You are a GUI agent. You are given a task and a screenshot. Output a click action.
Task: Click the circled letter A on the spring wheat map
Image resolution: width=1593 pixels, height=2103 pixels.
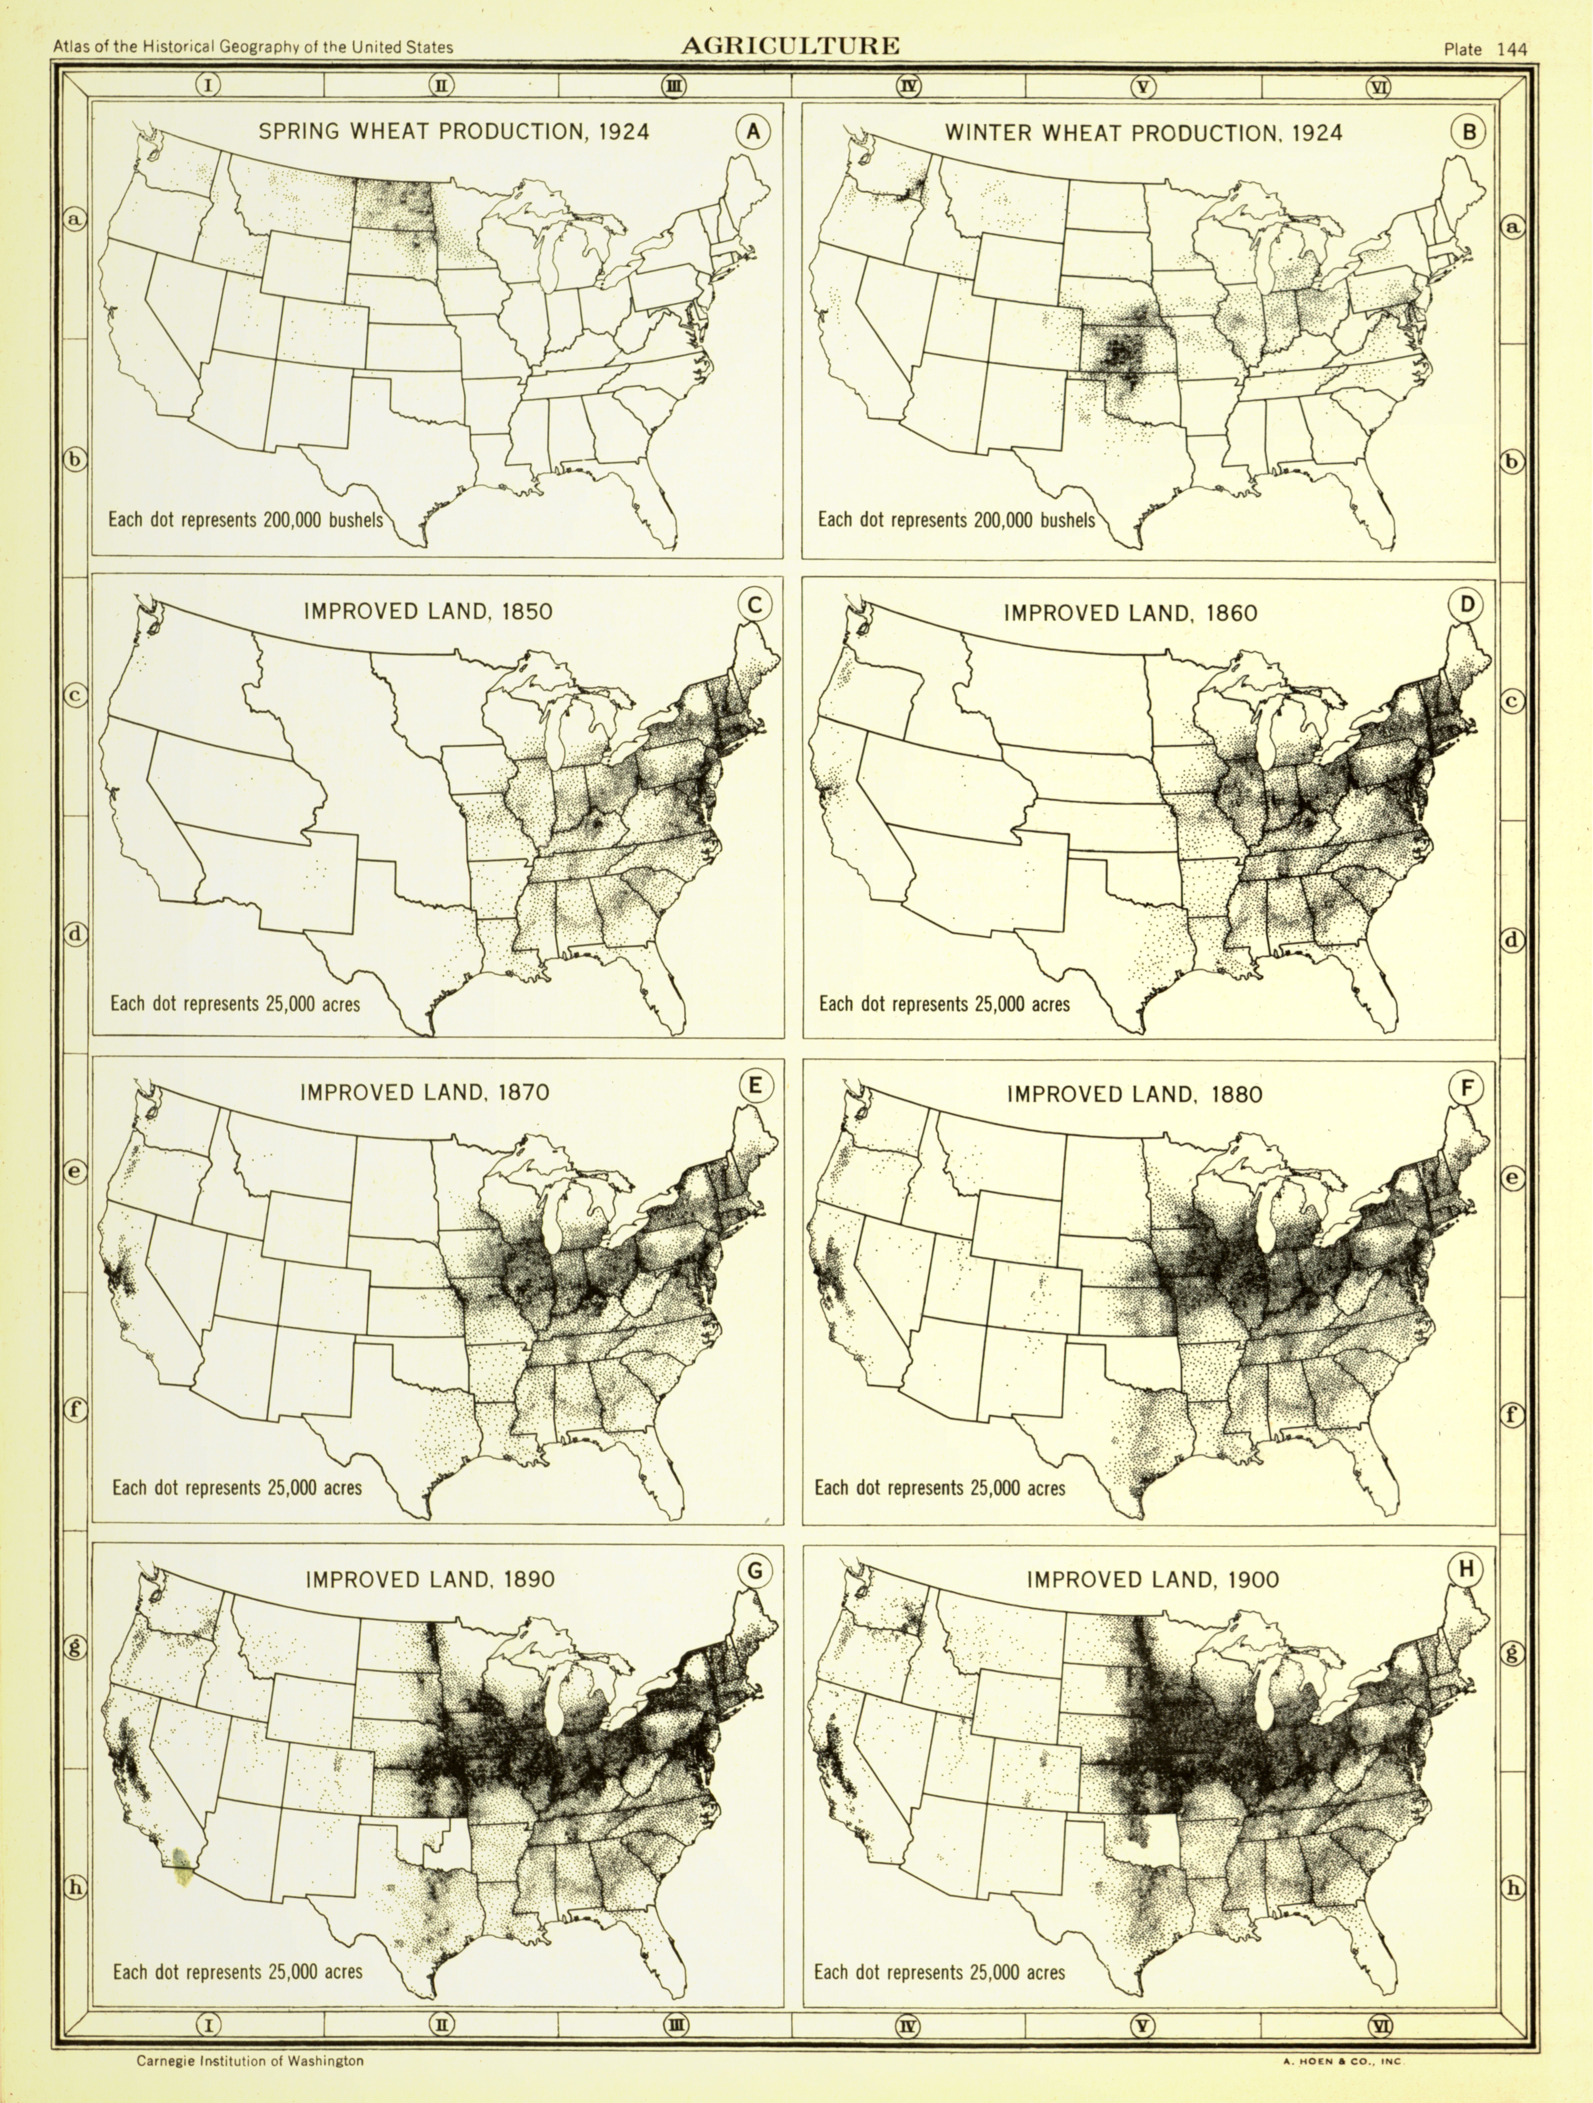tap(753, 132)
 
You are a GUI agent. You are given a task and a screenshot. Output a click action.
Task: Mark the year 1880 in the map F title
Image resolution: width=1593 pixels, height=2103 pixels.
tap(1236, 1094)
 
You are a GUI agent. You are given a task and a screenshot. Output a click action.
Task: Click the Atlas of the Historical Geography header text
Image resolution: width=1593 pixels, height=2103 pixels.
tap(253, 46)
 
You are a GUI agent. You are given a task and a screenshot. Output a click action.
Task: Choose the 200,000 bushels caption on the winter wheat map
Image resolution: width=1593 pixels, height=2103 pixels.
tap(956, 520)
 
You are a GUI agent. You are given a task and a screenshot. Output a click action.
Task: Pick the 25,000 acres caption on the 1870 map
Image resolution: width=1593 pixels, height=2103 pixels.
tap(237, 1488)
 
